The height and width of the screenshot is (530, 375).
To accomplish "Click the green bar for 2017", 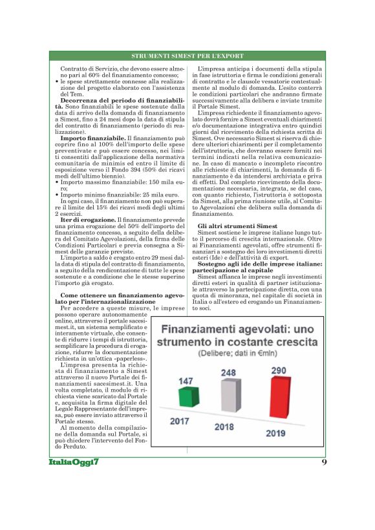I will click(186, 396).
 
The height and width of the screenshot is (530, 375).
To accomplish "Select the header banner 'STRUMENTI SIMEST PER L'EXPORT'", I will click(187, 57).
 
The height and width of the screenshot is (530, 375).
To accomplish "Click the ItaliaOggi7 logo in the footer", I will click(72, 461).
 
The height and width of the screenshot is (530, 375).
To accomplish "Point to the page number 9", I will click(323, 461).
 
